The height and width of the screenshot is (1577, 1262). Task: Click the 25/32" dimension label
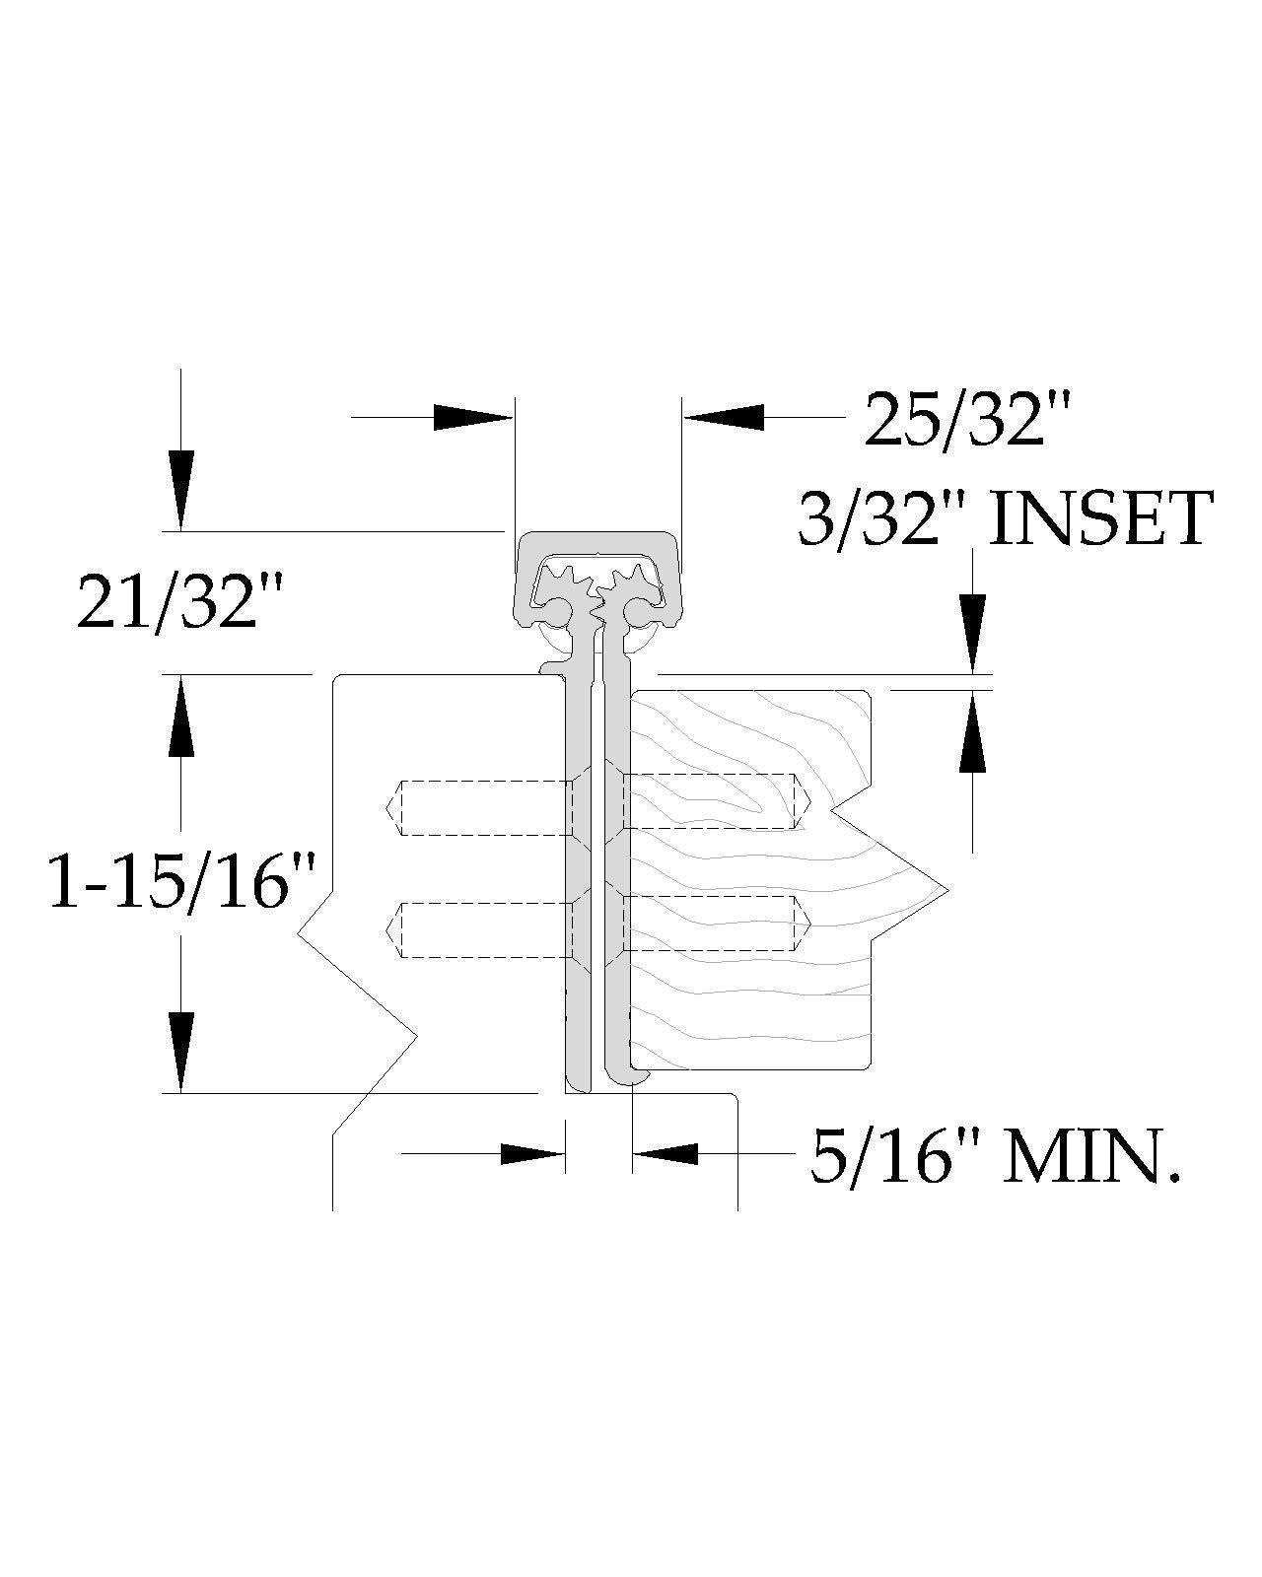pyautogui.click(x=967, y=419)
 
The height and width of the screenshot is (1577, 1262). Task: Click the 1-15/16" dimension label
pyautogui.click(x=182, y=883)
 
